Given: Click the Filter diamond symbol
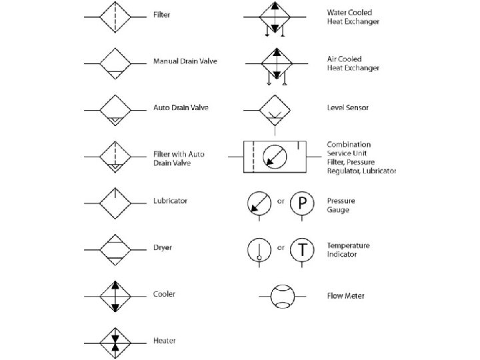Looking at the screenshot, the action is coord(117,15).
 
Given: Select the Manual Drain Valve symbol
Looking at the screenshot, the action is coord(117,62).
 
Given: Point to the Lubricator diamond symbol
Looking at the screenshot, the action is coord(117,201).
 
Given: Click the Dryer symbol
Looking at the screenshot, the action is coord(117,248).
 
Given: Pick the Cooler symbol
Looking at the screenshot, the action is coord(117,295).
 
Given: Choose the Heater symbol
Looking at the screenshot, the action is coord(117,341).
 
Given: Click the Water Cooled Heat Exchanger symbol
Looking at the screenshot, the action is coord(275,17).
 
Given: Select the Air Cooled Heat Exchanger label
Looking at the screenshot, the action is coord(353,63).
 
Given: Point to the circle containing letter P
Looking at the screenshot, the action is coord(302,202).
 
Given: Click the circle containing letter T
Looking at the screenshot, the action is coord(302,249).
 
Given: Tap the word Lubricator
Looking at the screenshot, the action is coord(170,201).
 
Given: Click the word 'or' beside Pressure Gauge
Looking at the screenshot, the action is coord(280,201).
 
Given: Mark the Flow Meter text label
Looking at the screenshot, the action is coord(345,295).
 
